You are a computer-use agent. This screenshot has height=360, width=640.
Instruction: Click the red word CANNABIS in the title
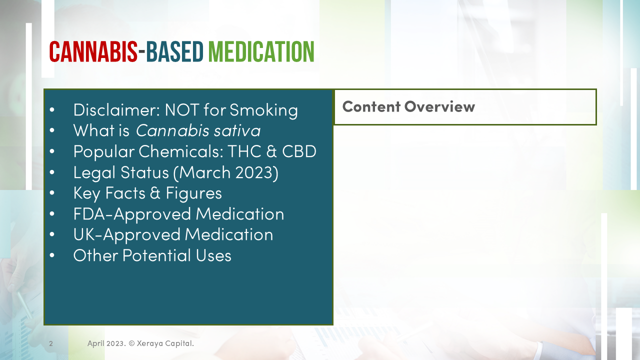pyautogui.click(x=93, y=52)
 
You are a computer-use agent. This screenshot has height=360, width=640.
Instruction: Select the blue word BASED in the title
pyautogui.click(x=175, y=52)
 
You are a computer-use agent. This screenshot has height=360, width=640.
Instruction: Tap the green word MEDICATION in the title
pyautogui.click(x=261, y=52)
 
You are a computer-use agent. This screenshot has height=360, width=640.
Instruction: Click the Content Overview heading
pyautogui.click(x=408, y=106)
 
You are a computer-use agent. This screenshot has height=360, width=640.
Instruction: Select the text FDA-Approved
pyautogui.click(x=132, y=214)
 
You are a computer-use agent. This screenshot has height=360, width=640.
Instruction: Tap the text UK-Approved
pyautogui.click(x=126, y=234)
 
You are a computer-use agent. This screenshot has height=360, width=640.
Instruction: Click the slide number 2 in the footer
pyautogui.click(x=51, y=343)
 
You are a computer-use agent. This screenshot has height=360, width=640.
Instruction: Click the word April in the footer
pyautogui.click(x=97, y=343)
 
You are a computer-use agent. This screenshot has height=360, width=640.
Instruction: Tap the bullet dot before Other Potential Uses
pyautogui.click(x=52, y=255)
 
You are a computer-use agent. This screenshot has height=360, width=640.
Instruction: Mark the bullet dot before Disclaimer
pyautogui.click(x=52, y=109)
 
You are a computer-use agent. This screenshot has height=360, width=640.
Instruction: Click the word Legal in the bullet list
pyautogui.click(x=94, y=172)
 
